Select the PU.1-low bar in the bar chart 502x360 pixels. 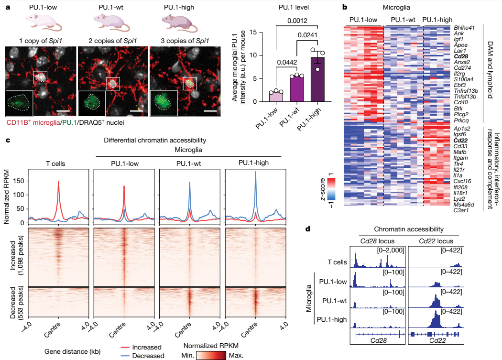click(276, 96)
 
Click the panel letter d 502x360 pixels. click(309, 229)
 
